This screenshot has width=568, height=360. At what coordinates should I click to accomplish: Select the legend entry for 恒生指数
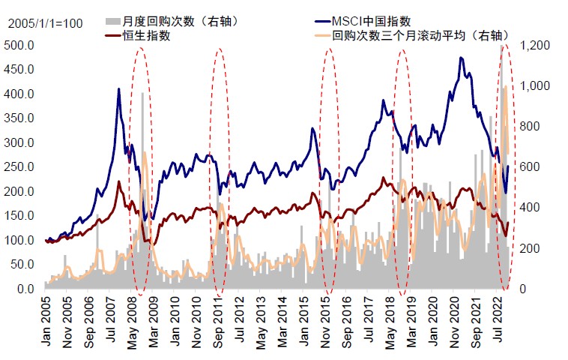click(145, 35)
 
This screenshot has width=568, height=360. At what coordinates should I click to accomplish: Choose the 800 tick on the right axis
click(531, 127)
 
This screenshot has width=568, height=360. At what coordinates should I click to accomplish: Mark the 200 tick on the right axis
click(531, 248)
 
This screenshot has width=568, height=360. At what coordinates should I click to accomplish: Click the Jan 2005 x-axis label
click(46, 321)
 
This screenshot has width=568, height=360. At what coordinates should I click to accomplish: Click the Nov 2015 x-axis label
click(328, 321)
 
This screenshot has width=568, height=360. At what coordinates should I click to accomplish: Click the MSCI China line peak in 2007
click(118, 88)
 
